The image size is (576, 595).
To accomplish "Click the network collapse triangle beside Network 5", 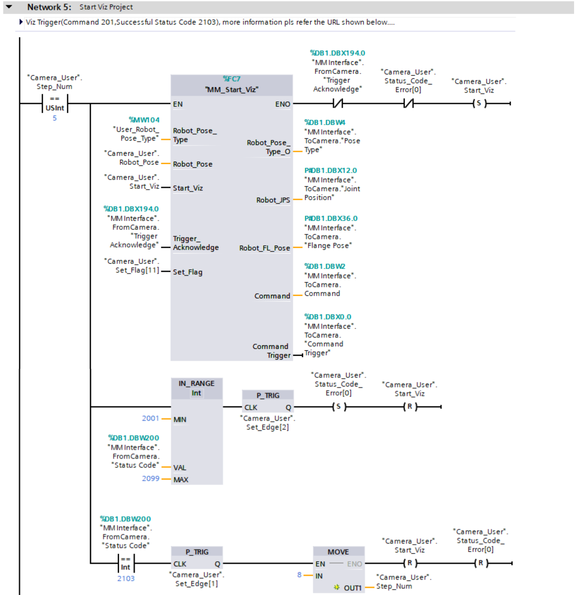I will (x=9, y=7).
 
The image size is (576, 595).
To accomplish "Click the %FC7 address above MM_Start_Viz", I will (x=231, y=79).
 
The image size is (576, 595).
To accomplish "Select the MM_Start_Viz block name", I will (x=231, y=90).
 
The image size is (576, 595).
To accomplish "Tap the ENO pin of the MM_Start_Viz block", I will (x=283, y=104).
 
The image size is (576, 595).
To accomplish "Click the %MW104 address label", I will (x=144, y=120).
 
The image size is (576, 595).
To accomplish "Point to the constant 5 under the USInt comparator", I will (x=55, y=118).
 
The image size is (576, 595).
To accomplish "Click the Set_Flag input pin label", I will (x=188, y=272).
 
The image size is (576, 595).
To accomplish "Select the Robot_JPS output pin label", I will (x=273, y=200).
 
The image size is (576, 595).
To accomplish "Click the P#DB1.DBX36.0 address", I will (x=331, y=219).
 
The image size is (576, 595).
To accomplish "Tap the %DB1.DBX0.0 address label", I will (x=328, y=317).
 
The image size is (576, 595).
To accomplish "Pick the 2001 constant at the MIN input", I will (x=150, y=418).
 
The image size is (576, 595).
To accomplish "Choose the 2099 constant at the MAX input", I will (x=150, y=479).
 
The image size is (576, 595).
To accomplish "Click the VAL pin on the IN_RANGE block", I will (x=180, y=468).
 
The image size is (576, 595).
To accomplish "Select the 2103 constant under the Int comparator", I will (x=126, y=578).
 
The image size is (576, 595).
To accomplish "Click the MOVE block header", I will (x=338, y=552).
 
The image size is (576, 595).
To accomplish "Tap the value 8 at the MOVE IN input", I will (x=299, y=575).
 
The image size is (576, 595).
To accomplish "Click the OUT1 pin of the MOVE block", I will (x=352, y=588).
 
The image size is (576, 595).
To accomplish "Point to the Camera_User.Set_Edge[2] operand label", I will (x=268, y=423).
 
